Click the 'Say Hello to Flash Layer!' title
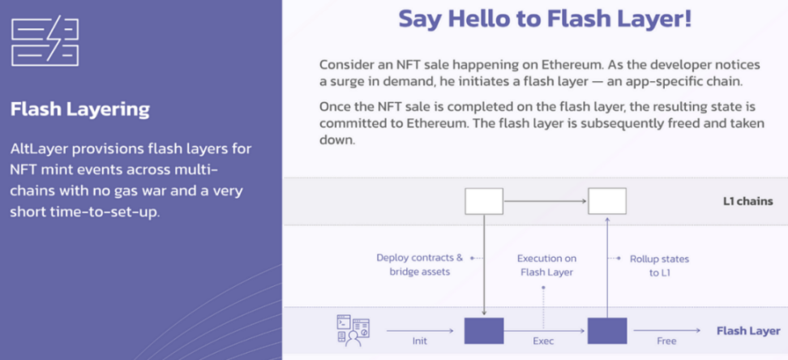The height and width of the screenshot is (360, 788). tap(546, 19)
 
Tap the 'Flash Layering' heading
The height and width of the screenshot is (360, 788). tap(80, 109)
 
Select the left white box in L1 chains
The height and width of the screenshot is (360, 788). tap(484, 201)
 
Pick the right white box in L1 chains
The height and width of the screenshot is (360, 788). tap(607, 201)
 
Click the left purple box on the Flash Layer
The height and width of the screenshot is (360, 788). tap(484, 330)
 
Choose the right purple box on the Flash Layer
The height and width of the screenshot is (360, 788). tap(607, 330)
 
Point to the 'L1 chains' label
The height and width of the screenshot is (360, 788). tap(748, 202)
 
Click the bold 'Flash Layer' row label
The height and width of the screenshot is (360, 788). tap(748, 331)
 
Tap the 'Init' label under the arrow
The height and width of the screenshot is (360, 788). tap(420, 341)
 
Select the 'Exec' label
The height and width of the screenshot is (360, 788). tap(543, 341)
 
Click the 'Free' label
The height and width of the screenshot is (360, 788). tap(666, 341)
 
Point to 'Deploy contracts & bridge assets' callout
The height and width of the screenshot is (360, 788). tap(420, 265)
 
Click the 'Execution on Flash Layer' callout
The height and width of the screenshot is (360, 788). tap(546, 265)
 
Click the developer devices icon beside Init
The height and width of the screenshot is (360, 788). tap(353, 330)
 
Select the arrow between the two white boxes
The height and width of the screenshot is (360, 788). tap(546, 201)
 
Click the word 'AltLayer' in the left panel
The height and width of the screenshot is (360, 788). tap(36, 149)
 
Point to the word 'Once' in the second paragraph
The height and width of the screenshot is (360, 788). tap(334, 107)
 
